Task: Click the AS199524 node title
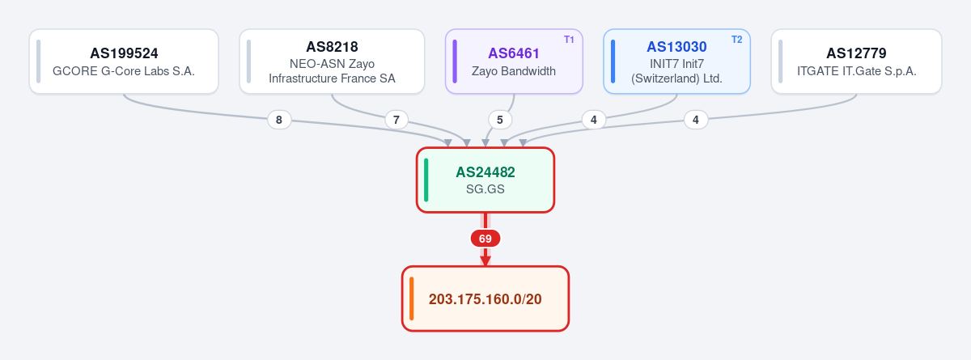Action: coord(124,53)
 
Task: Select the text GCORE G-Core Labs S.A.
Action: coord(124,71)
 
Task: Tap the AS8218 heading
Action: coord(332,47)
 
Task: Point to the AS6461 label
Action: coord(514,53)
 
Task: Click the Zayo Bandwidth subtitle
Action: coord(514,71)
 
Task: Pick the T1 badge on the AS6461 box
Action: coord(569,40)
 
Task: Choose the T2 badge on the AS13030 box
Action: coord(737,40)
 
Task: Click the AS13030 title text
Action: coord(676,47)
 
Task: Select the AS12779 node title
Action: coord(856,53)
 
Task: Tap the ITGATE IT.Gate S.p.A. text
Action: coord(857,71)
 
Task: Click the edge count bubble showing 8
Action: coord(279,120)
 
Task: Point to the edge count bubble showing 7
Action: coord(396,120)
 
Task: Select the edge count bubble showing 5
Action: coord(500,120)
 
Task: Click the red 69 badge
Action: coord(485,239)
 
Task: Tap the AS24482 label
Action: coord(485,172)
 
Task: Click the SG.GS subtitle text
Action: coord(485,189)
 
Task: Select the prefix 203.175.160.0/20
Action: coord(485,299)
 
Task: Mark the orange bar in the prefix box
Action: coord(411,299)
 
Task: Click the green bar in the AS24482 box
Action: coord(426,180)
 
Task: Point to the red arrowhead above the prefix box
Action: coord(485,260)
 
